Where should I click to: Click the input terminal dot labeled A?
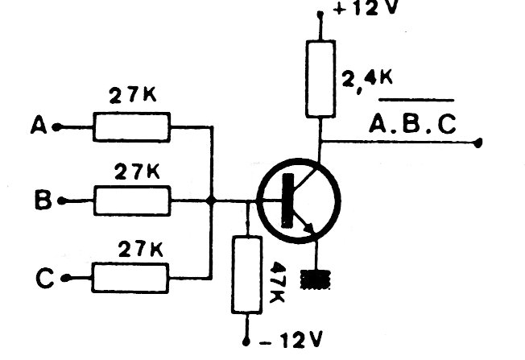coord(57,127)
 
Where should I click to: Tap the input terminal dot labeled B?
coord(62,201)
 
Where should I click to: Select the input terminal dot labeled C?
coord(66,278)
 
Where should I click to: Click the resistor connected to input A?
coord(131,127)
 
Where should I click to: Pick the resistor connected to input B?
coord(132,201)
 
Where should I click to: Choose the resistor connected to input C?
coord(130,278)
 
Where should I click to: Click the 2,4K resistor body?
coord(320,79)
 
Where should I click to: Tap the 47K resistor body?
coord(247,275)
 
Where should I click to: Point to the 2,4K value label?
coord(367,81)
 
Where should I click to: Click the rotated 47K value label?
coord(277,283)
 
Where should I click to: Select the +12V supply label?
coord(365,8)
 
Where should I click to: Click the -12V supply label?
coord(291,341)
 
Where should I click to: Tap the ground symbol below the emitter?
coord(316,279)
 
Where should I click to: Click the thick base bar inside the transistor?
coord(287,201)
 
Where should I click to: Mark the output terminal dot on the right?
coord(479,143)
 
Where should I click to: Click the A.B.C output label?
coord(412,123)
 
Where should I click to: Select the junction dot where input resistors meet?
coord(211,201)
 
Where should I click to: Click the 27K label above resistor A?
coord(133,95)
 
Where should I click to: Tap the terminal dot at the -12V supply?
coord(246,342)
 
